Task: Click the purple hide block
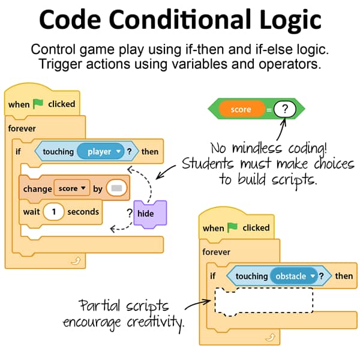click(x=150, y=214)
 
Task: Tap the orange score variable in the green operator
click(x=242, y=109)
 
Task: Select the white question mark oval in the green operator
click(x=284, y=109)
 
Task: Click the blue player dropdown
click(x=101, y=151)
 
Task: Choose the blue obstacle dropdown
click(x=294, y=276)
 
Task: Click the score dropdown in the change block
click(x=72, y=188)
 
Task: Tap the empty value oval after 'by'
click(x=116, y=188)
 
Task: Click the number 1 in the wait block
click(x=54, y=211)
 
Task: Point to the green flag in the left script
click(x=38, y=104)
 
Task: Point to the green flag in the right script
click(x=232, y=227)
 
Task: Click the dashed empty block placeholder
click(x=264, y=301)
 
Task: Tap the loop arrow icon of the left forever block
click(x=76, y=260)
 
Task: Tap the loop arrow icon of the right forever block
click(x=270, y=337)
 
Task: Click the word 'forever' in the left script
click(x=22, y=128)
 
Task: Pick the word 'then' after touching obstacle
click(x=344, y=276)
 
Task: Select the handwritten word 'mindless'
click(x=257, y=148)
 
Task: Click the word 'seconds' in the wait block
click(x=83, y=212)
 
